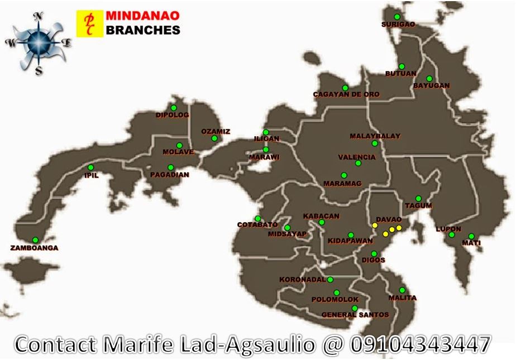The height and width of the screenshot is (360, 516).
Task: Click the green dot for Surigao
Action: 396,17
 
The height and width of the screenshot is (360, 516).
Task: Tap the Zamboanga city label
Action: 34,248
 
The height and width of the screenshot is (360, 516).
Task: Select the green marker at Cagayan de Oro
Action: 345,88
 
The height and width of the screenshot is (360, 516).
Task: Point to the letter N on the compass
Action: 39,17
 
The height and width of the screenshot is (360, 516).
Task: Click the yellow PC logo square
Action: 89,23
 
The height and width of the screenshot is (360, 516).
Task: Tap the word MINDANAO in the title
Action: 142,16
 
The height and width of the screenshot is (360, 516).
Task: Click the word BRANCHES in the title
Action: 142,30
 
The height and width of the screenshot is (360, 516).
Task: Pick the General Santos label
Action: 355,315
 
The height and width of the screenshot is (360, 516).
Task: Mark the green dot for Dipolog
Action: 174,108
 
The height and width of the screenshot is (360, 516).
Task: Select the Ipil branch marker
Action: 90,167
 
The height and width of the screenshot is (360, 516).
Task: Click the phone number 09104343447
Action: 421,344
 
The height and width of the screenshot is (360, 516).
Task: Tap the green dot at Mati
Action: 471,236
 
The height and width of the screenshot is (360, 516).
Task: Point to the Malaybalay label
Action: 375,136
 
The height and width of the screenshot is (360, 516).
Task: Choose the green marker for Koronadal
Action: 330,280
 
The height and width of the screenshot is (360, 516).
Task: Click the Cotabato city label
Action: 257,225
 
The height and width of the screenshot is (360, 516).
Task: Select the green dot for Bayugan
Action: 429,79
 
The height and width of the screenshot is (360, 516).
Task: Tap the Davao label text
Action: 389,219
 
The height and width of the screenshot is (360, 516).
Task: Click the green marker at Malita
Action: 402,290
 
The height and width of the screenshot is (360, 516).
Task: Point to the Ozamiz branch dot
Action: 214,138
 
